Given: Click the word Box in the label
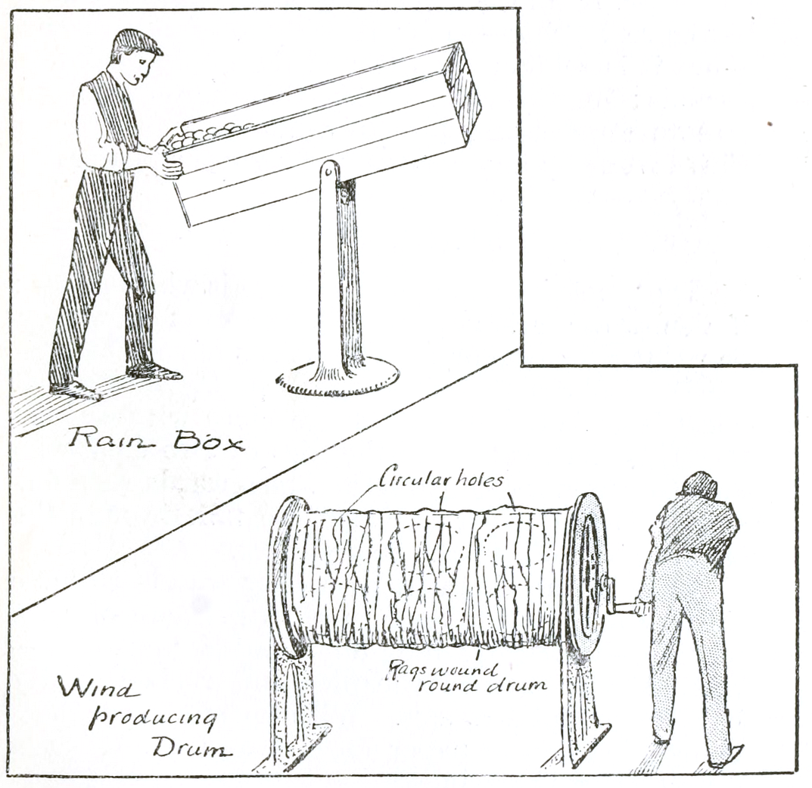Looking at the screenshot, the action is point(209,441).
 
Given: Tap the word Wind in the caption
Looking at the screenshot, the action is point(98,690).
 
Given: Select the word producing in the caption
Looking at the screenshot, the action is point(152,720).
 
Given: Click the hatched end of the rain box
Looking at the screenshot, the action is point(462,93).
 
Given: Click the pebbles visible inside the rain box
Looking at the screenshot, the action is point(208,134).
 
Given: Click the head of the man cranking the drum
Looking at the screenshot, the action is point(700,486).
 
